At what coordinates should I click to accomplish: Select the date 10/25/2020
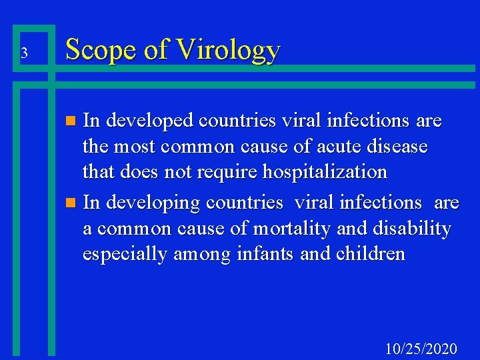click(x=421, y=348)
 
